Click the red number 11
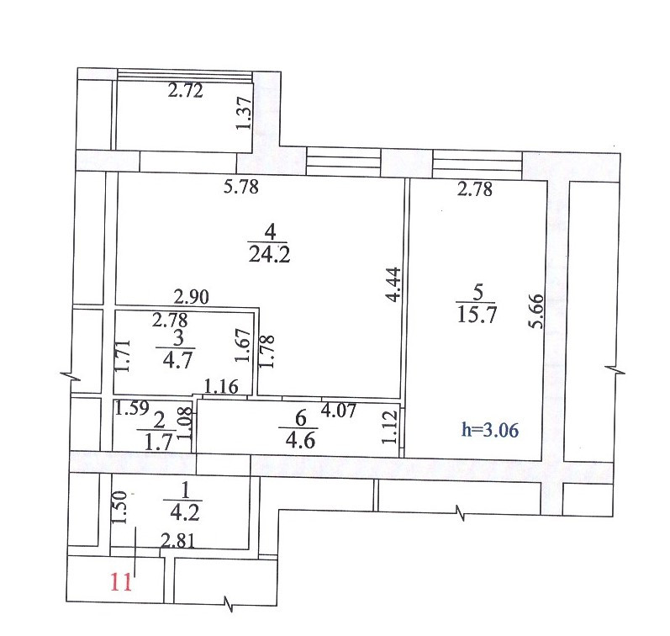click(x=121, y=582)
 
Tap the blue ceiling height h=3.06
click(x=490, y=430)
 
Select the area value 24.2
click(x=269, y=256)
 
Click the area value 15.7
click(x=477, y=315)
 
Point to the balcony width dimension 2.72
click(x=185, y=91)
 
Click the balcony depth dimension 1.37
click(x=245, y=113)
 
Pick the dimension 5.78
click(x=241, y=187)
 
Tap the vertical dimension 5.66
click(x=536, y=311)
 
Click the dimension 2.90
click(x=192, y=297)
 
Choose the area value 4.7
click(x=177, y=361)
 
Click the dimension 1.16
click(x=221, y=387)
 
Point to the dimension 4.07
click(x=339, y=411)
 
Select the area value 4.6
click(x=301, y=441)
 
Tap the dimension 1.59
click(x=132, y=408)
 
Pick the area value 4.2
click(x=185, y=513)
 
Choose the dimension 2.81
click(x=177, y=542)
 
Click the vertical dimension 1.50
click(x=119, y=507)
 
